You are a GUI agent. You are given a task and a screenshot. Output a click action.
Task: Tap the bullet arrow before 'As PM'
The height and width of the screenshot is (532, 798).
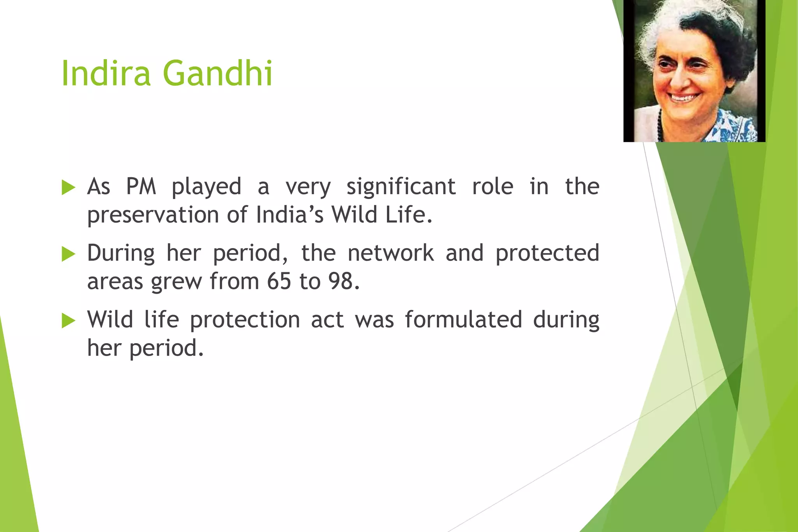(x=68, y=188)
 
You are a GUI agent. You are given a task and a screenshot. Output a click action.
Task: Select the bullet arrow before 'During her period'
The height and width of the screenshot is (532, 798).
(x=68, y=254)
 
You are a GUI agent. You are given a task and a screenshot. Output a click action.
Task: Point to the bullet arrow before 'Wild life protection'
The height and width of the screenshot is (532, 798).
(x=68, y=321)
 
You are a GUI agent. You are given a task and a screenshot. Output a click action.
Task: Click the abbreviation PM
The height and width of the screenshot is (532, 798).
(x=141, y=187)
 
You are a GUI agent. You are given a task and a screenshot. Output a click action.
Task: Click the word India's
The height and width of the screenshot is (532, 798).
(x=290, y=215)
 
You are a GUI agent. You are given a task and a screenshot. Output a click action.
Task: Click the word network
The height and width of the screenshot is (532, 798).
(x=390, y=253)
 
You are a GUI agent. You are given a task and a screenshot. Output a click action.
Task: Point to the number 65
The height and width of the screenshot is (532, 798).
(x=279, y=281)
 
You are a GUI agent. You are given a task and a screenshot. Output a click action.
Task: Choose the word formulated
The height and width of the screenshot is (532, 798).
(x=463, y=320)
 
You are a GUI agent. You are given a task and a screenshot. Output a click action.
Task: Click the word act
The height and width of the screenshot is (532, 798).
(x=327, y=320)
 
